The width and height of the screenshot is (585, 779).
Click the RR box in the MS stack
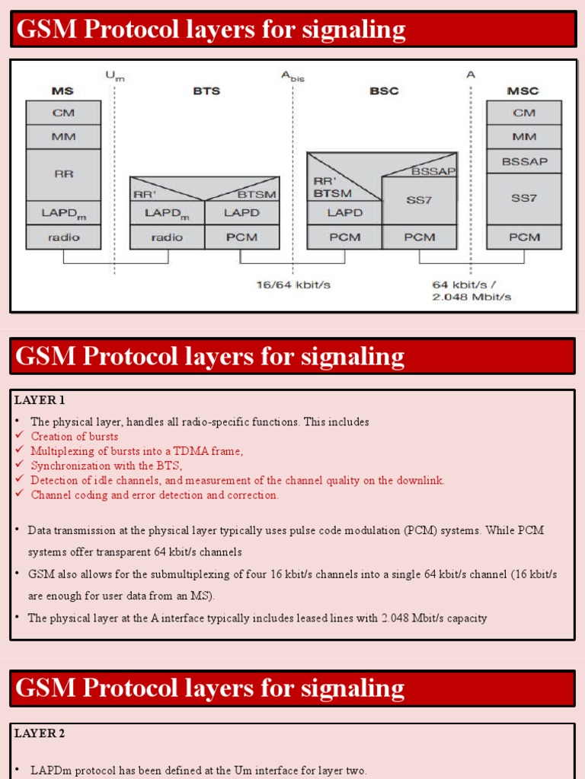pos(63,174)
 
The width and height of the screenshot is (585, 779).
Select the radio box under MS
pos(63,237)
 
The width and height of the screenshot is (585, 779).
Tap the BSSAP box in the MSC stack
pos(523,161)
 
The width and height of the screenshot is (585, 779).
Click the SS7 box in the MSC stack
pos(523,198)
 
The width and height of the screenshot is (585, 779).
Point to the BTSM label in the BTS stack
pos(256,194)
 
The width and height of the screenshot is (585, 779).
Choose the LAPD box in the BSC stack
pos(344,213)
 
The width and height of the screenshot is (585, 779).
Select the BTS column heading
pos(206,91)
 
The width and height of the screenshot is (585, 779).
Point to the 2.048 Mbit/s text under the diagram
pos(472,297)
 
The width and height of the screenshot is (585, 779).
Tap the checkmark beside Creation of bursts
pos(20,436)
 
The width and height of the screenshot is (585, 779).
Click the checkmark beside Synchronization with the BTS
pos(20,466)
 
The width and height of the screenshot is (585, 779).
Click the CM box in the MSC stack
pos(523,113)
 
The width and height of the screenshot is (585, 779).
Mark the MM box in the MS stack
pos(63,137)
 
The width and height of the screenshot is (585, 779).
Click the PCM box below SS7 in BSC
pos(420,237)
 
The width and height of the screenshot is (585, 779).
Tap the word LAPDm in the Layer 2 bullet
pos(50,771)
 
